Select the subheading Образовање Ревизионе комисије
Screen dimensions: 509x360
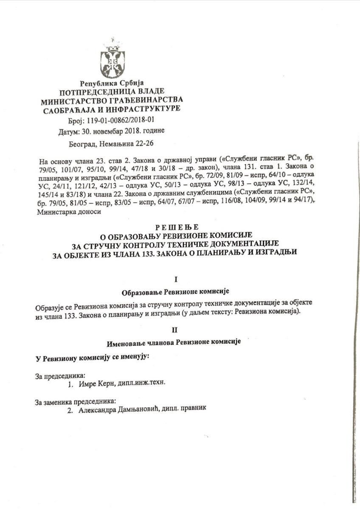(x=175, y=292)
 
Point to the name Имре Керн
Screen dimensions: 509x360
(x=96, y=383)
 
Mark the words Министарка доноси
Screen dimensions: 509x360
(x=64, y=212)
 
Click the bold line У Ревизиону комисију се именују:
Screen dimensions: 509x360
(x=92, y=358)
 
